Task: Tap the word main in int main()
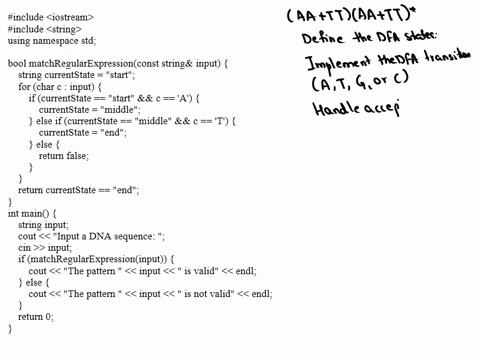(x=35, y=213)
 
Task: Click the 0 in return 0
(x=50, y=317)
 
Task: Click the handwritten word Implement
(x=334, y=63)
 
